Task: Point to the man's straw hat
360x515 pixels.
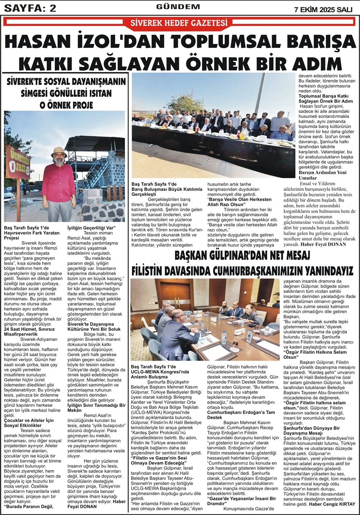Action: click(x=59, y=152)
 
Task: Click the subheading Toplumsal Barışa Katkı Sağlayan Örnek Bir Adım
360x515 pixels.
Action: click(x=326, y=98)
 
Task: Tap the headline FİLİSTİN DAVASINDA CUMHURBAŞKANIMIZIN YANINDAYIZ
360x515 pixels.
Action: click(x=243, y=269)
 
